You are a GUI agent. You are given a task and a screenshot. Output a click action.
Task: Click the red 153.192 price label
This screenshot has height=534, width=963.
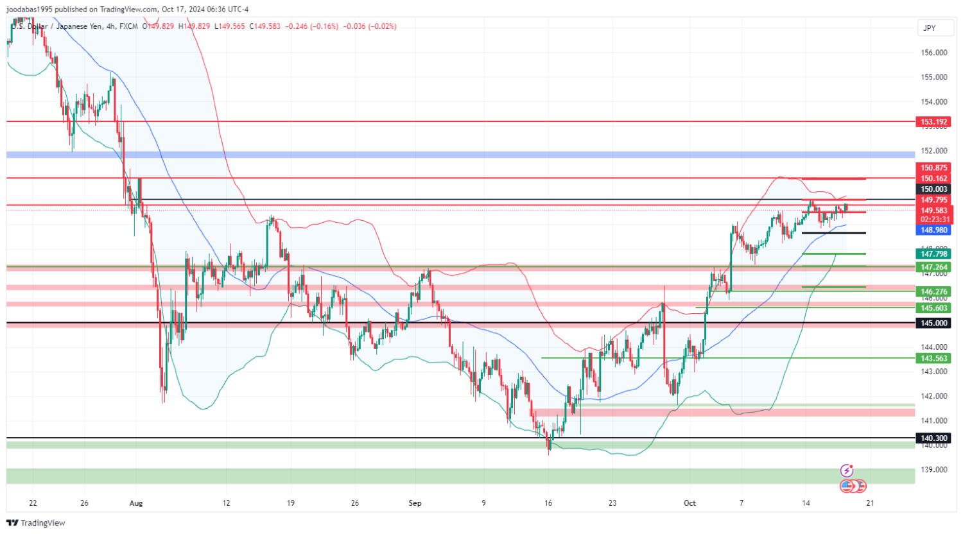pos(934,122)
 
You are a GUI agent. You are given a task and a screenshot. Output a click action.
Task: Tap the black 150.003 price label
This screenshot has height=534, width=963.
pos(934,189)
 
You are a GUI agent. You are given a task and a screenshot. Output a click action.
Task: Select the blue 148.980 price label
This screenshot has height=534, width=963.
pos(934,230)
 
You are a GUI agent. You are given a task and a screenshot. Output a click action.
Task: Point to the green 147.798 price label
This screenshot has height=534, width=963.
pos(934,254)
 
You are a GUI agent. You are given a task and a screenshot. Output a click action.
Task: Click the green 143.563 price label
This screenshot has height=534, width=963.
pos(934,359)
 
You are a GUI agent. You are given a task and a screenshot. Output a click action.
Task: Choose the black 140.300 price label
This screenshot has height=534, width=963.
pos(934,438)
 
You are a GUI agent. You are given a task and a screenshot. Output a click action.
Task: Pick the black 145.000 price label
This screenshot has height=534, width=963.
pos(934,323)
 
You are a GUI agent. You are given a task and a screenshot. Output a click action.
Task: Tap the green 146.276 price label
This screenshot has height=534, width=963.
pos(934,292)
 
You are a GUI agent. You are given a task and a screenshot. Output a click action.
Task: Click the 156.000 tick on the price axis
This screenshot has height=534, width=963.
pos(934,53)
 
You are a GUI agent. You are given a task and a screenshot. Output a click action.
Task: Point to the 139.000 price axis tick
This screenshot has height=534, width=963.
pos(934,470)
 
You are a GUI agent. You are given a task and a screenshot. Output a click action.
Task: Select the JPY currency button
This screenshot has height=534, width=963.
pos(929,28)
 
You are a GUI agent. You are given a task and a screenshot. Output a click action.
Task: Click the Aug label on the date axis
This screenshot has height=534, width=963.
pos(135,503)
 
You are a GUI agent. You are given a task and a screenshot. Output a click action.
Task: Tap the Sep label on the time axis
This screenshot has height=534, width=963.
pos(415,503)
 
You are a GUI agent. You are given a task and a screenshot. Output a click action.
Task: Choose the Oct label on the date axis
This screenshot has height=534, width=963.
pos(690,503)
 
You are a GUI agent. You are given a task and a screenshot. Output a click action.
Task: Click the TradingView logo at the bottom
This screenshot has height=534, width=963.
pos(36,523)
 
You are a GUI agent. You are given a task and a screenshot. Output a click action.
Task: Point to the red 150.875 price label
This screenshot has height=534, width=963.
pos(934,168)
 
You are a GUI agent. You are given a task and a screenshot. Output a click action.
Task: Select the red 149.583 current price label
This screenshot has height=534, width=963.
pos(934,211)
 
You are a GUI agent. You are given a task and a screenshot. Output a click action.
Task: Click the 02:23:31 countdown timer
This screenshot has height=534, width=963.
pos(934,220)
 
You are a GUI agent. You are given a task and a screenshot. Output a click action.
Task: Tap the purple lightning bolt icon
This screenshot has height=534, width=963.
pos(847,471)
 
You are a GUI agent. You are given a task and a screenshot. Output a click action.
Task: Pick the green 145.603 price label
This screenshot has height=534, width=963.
pos(934,309)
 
